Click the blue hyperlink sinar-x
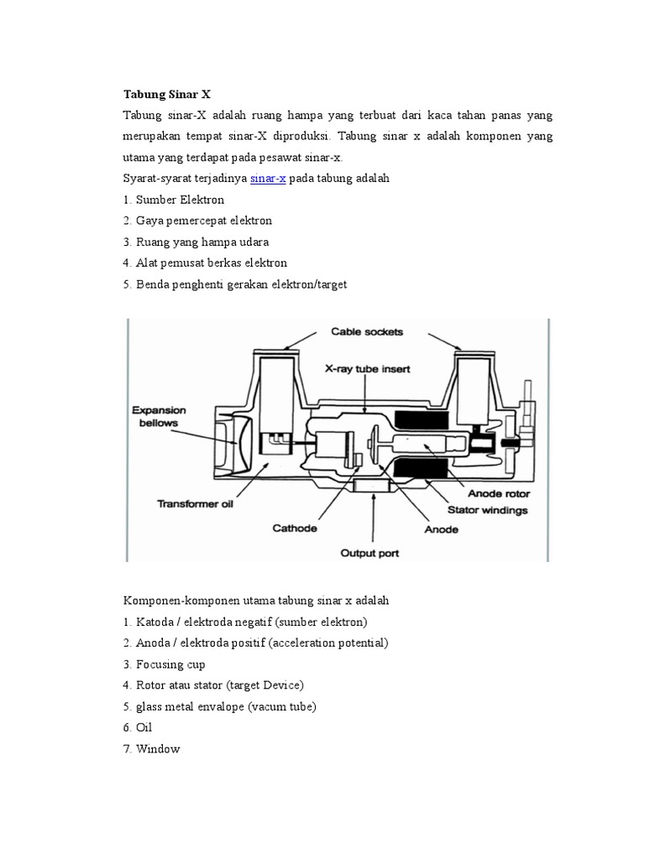[268, 179]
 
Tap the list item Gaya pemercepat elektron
[197, 221]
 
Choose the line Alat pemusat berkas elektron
[205, 263]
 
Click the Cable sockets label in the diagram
[366, 331]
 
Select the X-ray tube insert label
[362, 368]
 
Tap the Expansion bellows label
[158, 417]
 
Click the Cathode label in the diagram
[295, 528]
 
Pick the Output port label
[369, 553]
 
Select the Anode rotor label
[498, 493]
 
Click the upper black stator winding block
[422, 418]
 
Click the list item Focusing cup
[165, 664]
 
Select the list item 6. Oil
[139, 728]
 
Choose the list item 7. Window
[152, 749]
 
